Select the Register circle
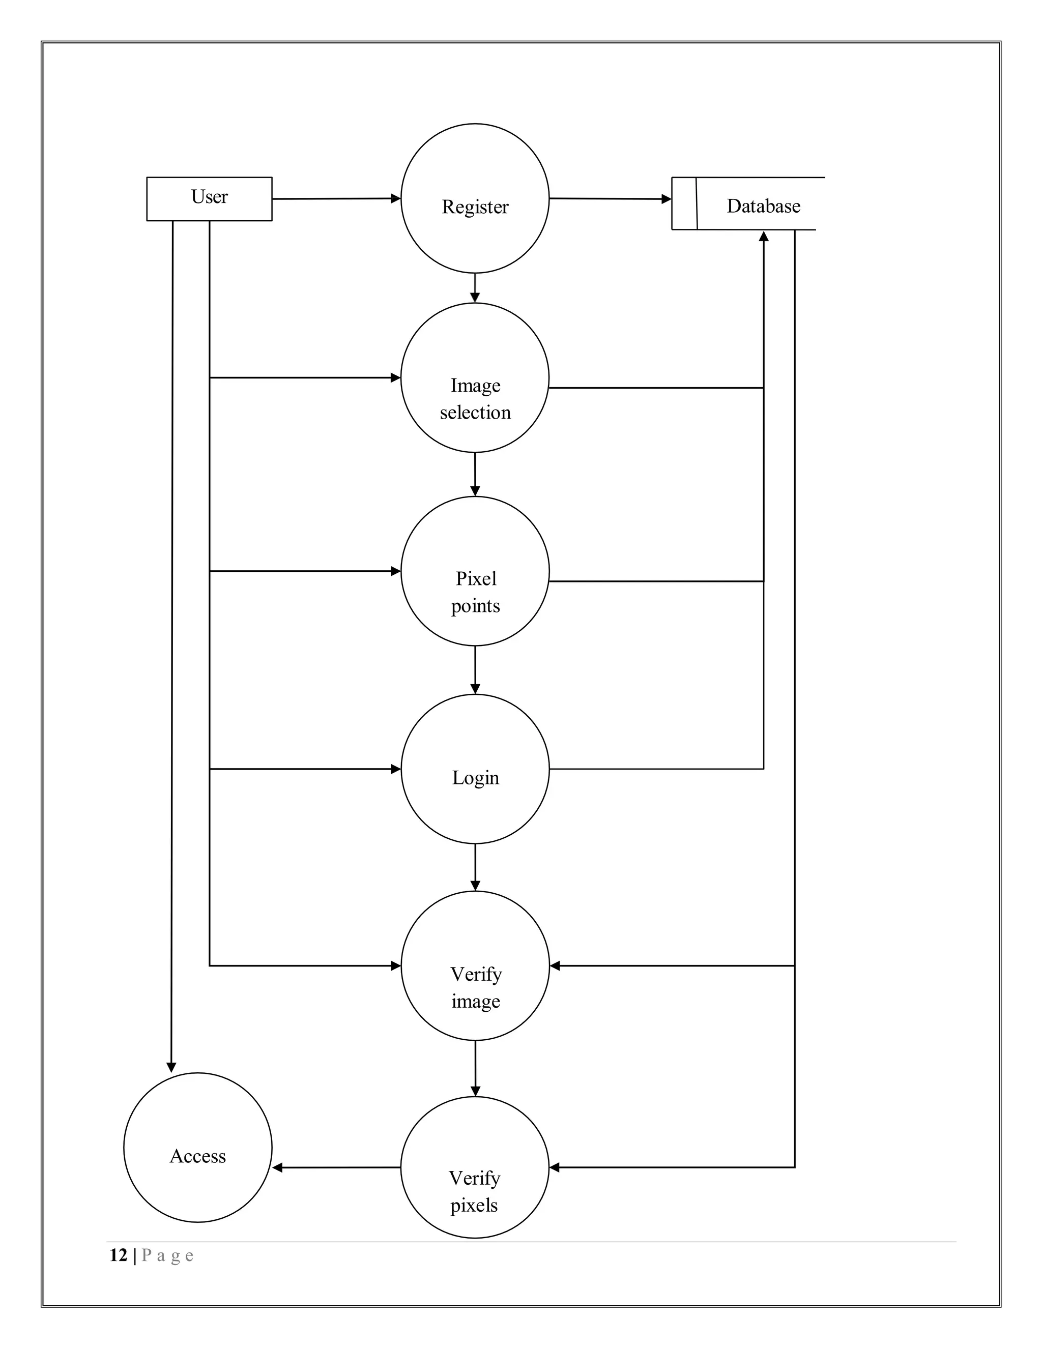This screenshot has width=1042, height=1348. (x=475, y=198)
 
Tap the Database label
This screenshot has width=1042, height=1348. (x=763, y=206)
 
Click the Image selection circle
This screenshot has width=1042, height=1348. (x=475, y=378)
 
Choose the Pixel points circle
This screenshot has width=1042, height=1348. (x=475, y=571)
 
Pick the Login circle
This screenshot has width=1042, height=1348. (x=475, y=769)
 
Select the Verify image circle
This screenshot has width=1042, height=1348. (x=475, y=965)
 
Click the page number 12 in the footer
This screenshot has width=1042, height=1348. (x=118, y=1255)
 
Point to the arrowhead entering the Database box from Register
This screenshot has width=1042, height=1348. (x=666, y=199)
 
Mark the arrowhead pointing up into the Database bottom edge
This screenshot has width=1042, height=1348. (x=764, y=237)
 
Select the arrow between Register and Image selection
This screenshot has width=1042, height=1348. (x=475, y=287)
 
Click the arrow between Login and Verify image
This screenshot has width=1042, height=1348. (x=475, y=867)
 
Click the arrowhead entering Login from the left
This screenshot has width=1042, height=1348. (x=396, y=769)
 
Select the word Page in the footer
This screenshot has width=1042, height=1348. (x=167, y=1255)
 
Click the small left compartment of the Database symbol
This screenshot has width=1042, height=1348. (x=684, y=203)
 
